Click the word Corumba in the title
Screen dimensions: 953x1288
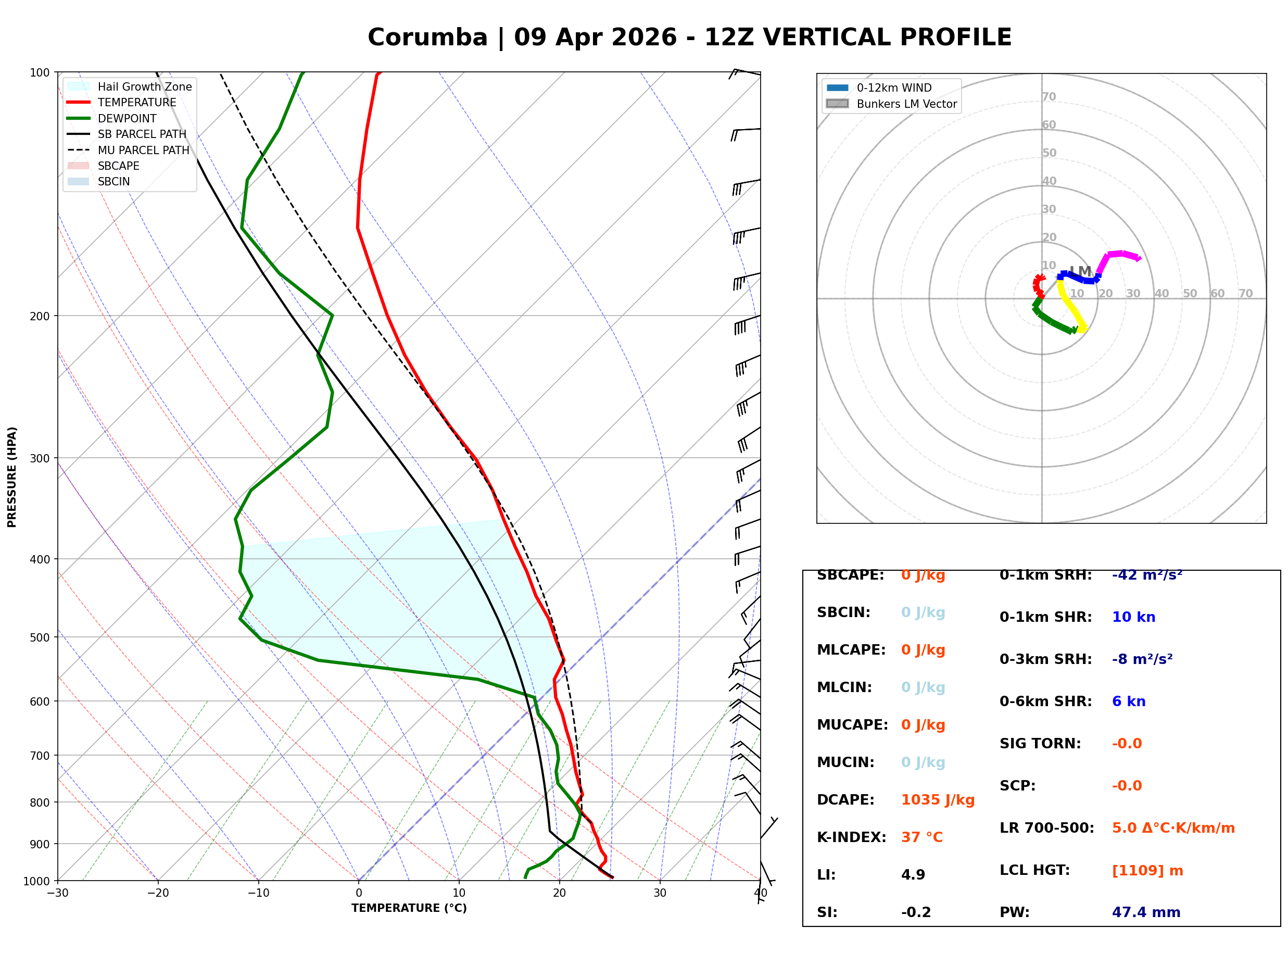(427, 37)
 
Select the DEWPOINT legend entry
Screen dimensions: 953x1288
(127, 118)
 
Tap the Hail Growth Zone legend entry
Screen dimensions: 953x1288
(144, 86)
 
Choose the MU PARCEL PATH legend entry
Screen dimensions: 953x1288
(143, 150)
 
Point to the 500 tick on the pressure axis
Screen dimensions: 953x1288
(39, 637)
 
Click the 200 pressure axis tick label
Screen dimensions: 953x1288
(39, 316)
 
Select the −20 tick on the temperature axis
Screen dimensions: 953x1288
(157, 893)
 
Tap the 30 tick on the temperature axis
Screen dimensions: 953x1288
(660, 893)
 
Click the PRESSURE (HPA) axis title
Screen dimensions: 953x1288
(12, 477)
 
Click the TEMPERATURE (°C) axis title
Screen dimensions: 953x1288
(409, 908)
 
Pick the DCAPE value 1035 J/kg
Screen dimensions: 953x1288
(938, 800)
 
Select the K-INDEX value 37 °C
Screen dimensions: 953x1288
(921, 837)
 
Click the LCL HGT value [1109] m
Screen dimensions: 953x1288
(1147, 871)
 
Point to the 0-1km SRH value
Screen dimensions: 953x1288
(1147, 575)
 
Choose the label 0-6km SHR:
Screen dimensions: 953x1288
(1045, 701)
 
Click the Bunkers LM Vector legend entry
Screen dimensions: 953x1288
(906, 104)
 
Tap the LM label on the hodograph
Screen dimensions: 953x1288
(1080, 271)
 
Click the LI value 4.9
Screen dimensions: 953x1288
(913, 875)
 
